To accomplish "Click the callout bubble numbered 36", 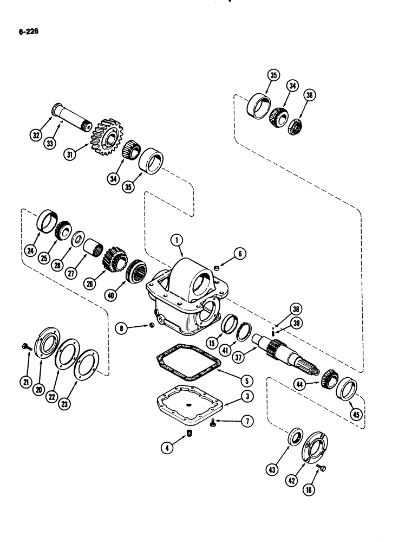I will (310, 95).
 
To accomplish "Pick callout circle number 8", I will (122, 328).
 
